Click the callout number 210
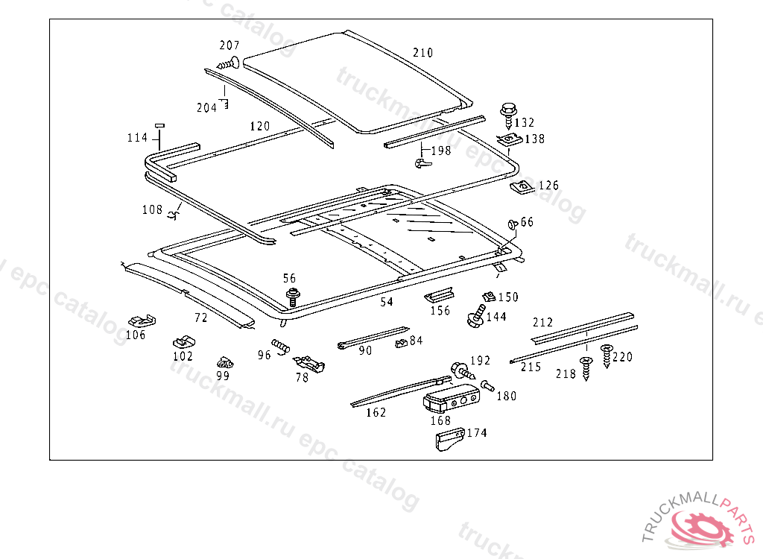[423, 53]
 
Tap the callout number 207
[229, 45]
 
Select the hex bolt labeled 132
[508, 115]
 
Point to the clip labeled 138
[509, 140]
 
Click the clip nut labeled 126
[522, 187]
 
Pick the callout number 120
[260, 126]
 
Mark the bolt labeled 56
[293, 297]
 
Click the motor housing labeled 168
[451, 398]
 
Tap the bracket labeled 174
[450, 439]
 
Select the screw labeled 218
[586, 368]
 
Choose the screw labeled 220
[607, 356]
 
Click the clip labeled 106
[142, 321]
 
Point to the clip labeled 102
[184, 342]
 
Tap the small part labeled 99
[225, 362]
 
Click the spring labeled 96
[281, 347]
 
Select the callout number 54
[387, 303]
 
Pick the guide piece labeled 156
[439, 295]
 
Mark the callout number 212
[542, 322]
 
